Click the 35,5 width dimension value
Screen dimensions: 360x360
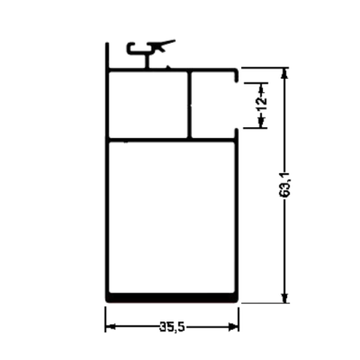click(172, 327)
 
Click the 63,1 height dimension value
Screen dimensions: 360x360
click(285, 185)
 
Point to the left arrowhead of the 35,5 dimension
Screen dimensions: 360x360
click(111, 327)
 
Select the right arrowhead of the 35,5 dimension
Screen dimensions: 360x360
click(234, 327)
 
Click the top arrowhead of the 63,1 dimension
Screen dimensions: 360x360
click(285, 73)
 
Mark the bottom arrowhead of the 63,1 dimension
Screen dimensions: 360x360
click(285, 297)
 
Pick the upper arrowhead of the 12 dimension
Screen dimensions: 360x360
click(261, 90)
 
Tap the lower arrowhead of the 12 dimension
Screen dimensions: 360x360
click(261, 121)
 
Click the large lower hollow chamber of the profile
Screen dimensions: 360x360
click(172, 217)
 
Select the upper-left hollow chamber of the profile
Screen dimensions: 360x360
click(148, 105)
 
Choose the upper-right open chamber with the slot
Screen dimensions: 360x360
click(213, 105)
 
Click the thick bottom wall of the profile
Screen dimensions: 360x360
click(172, 298)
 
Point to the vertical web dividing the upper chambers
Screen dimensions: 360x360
click(189, 105)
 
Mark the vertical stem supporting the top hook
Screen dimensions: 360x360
click(147, 61)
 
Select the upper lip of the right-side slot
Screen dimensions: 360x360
click(236, 76)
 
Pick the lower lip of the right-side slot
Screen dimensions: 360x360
click(236, 133)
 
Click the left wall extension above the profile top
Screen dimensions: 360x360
click(107, 55)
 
